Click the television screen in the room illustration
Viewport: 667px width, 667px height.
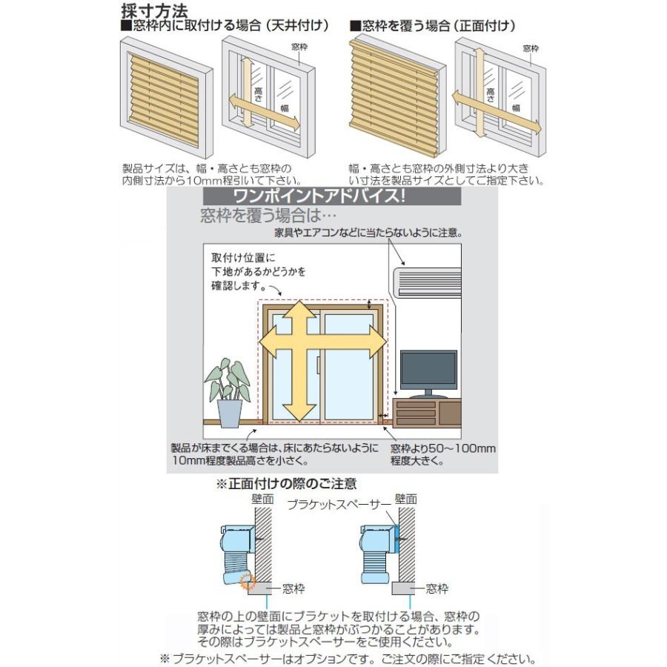[428, 368]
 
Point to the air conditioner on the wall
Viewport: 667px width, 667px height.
[425, 282]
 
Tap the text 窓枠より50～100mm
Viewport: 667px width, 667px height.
[443, 449]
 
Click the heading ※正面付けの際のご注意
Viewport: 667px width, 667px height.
[285, 484]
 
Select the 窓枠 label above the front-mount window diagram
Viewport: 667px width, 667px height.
[530, 48]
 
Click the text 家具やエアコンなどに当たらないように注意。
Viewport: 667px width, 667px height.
[368, 233]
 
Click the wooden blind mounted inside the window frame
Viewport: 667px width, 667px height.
[165, 99]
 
